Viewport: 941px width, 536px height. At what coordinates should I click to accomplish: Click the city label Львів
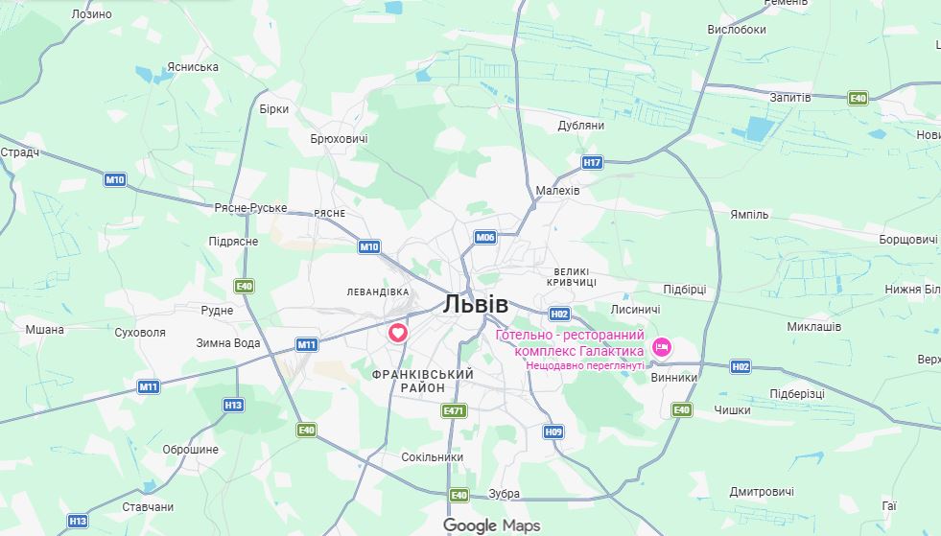pos(476,304)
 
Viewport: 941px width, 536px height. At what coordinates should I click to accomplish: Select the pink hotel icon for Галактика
pos(661,346)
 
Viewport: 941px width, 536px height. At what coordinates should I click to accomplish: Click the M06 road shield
pos(485,237)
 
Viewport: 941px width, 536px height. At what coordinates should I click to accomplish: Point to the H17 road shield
pos(592,162)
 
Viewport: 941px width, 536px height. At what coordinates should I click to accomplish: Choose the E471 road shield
pos(454,410)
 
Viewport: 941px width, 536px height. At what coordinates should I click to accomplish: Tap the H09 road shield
pos(553,431)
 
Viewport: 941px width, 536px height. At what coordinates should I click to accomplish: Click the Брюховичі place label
pos(339,139)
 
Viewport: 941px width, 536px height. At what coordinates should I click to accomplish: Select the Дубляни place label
pos(580,126)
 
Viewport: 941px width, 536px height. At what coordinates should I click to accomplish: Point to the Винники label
pos(674,378)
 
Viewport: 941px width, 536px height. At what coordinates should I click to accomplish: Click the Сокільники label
pos(432,457)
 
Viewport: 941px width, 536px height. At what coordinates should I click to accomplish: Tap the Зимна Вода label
pos(228,342)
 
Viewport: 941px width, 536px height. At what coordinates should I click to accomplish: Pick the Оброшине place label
pos(190,450)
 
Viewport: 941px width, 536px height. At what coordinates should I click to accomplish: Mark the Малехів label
pos(557,191)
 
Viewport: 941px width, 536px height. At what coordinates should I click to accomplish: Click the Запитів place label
pos(790,98)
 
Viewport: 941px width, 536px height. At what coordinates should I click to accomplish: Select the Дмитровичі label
pos(762,492)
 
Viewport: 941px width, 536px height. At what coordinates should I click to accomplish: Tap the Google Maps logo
pos(491,525)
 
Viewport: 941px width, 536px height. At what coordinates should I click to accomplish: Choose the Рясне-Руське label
pos(250,207)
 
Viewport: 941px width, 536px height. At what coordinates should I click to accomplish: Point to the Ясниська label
pos(192,67)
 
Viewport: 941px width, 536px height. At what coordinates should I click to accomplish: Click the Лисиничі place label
pos(635,310)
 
